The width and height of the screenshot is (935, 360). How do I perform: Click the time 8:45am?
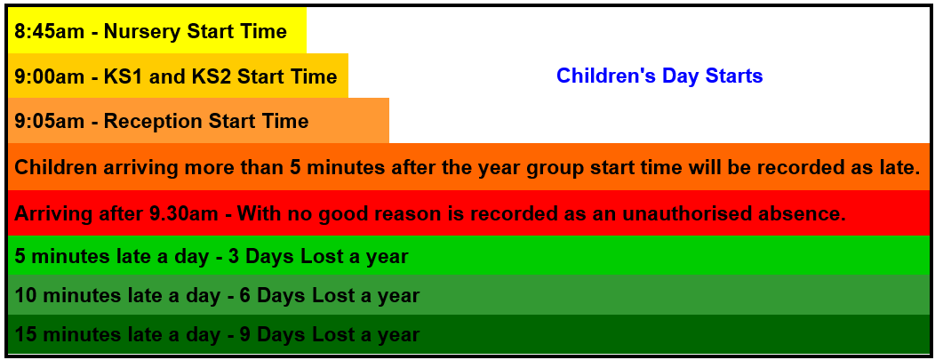point(50,32)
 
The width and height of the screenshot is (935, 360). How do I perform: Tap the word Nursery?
point(143,32)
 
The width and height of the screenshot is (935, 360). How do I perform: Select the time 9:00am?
point(50,76)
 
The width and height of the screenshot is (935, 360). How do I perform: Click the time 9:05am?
point(50,121)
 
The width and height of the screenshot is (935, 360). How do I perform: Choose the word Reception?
point(154,122)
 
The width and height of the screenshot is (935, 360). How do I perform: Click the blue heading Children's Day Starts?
point(659,76)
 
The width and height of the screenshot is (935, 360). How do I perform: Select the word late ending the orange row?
point(899,167)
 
